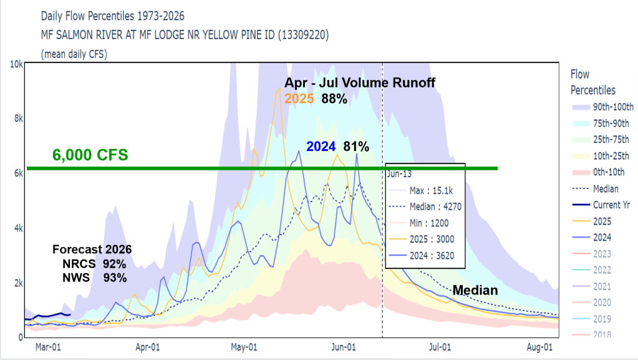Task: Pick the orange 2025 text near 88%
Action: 299,98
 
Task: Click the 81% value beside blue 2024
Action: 356,147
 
